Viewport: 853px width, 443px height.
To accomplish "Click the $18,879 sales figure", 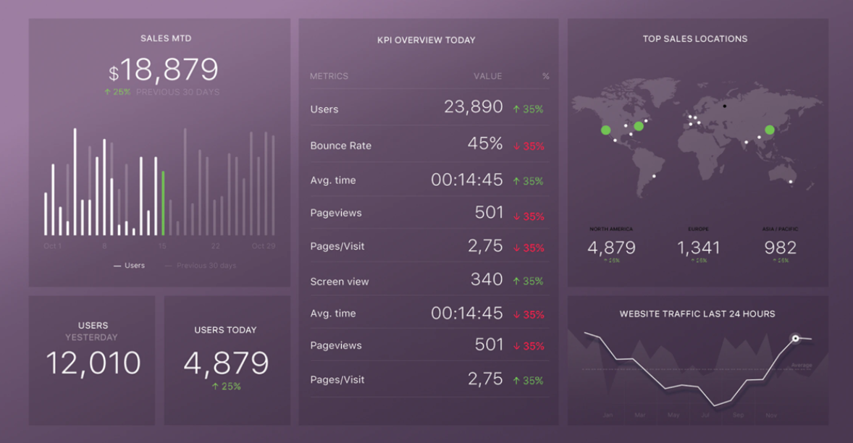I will coord(164,70).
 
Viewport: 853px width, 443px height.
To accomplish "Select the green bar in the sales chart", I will coord(163,203).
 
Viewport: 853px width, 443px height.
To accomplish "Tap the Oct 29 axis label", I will coord(263,246).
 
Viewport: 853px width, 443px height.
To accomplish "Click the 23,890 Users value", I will coord(473,107).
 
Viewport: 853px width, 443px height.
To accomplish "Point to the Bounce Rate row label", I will coord(340,145).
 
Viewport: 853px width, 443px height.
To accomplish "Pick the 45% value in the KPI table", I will coord(484,143).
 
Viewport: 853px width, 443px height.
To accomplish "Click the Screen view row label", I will coord(339,282).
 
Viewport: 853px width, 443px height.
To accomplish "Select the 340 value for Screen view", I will coord(487,279).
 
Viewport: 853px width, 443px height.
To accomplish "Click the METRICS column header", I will coord(329,76).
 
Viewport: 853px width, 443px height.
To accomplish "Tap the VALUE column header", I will coord(487,76).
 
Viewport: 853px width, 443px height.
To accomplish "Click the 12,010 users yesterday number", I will coord(93,363).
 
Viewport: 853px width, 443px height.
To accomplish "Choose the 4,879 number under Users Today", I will coord(226,363).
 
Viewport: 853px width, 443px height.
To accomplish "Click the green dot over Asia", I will coord(770,130).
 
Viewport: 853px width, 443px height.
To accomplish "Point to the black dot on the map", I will coord(725,106).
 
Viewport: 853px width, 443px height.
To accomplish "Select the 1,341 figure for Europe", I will coord(699,248).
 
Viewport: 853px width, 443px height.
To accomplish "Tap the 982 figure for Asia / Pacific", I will coord(780,248).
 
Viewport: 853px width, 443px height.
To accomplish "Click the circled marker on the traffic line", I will coord(795,338).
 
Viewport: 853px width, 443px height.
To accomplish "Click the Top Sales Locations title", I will coord(694,39).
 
